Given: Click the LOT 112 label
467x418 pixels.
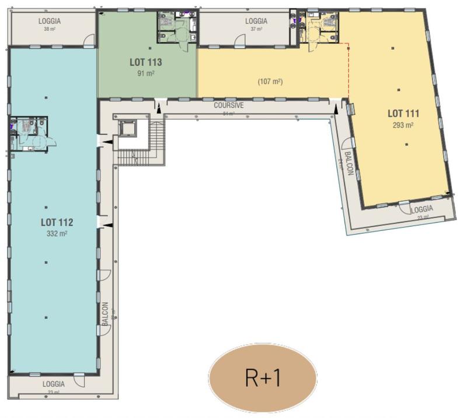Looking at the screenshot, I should (x=57, y=222).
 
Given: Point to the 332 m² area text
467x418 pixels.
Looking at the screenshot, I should (x=57, y=233).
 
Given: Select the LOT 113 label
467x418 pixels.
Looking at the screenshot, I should (x=145, y=62).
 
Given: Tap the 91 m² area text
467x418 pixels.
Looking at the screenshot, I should (x=145, y=73).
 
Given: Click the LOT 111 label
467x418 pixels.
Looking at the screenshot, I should (x=404, y=113).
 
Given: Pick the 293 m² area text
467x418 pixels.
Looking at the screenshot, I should (x=404, y=125).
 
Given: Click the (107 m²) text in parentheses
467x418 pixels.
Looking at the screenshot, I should (x=270, y=82).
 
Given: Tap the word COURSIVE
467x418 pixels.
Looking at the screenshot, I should (x=228, y=106).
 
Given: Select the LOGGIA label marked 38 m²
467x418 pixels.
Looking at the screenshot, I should (x=50, y=21).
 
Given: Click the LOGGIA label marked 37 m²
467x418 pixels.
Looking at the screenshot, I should (x=256, y=21).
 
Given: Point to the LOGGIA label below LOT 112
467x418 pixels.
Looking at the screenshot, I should (x=54, y=384).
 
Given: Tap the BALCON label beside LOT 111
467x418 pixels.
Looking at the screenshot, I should (x=349, y=163).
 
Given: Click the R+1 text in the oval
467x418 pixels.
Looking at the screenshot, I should (x=263, y=378).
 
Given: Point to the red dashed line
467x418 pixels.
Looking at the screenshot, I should (x=348, y=70).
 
